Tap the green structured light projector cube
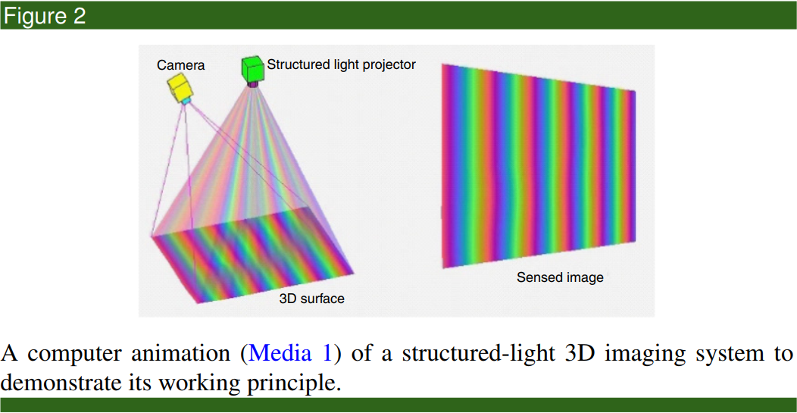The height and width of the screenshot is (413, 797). [x=253, y=69]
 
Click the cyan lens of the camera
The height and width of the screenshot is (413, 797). [x=186, y=102]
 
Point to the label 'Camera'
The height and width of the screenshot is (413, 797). [x=180, y=65]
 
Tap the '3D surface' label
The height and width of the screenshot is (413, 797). [x=311, y=299]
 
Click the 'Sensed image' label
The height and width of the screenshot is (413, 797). [x=560, y=277]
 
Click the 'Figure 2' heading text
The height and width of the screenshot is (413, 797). [x=44, y=16]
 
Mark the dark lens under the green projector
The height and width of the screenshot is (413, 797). [x=252, y=84]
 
